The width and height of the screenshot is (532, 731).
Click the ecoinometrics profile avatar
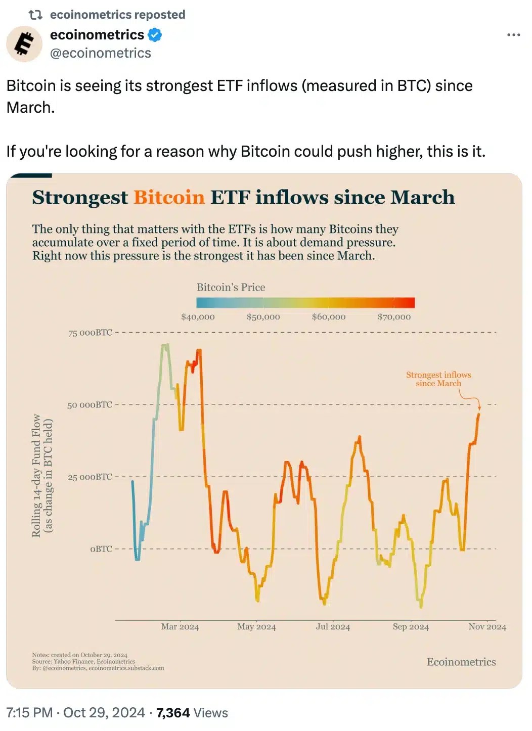coord(24,44)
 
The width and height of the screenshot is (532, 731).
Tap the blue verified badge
coord(154,35)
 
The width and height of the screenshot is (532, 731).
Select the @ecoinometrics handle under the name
coord(100,53)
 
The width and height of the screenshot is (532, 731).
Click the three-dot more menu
coord(513,35)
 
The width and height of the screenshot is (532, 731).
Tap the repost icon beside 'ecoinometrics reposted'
coord(35,15)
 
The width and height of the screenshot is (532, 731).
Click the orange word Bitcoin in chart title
coord(169,197)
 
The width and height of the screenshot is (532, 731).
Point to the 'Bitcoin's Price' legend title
coord(231,287)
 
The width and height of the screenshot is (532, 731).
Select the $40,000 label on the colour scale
coord(198,317)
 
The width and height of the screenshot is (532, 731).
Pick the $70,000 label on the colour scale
coord(394,317)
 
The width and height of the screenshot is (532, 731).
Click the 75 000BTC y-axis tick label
coord(90,333)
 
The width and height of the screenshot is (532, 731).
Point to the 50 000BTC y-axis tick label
coord(90,405)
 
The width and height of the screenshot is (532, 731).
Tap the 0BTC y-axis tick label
coord(101,549)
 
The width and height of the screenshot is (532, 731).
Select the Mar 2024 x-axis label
coord(180,627)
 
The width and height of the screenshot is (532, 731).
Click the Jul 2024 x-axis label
coord(333,627)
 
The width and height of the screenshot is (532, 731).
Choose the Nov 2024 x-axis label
coord(487,627)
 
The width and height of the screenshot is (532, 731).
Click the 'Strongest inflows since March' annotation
coord(438,379)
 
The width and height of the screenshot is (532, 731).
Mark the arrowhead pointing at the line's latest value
coord(479,407)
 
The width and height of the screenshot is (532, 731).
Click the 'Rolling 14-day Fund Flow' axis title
coord(36,475)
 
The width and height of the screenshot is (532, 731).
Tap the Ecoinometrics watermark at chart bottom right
coord(461,662)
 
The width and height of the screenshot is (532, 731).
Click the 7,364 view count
coord(173,713)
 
